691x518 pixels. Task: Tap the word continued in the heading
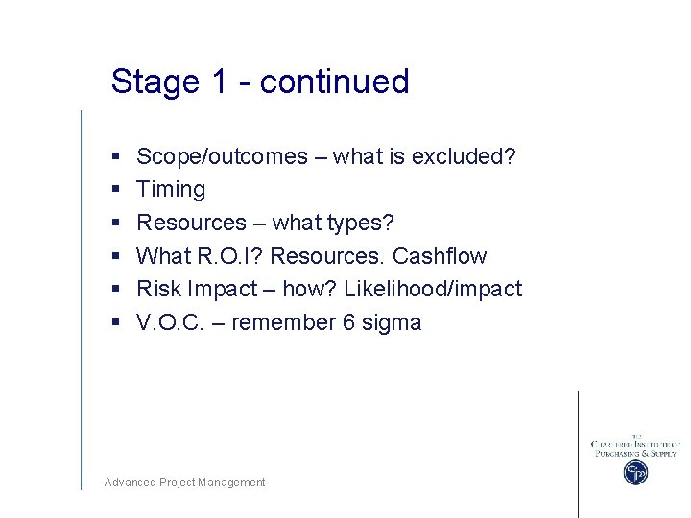click(335, 82)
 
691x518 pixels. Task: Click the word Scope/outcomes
click(222, 156)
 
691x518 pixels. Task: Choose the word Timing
click(171, 190)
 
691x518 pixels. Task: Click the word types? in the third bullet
click(360, 223)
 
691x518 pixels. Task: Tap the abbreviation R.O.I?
click(229, 256)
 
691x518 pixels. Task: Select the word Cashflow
click(440, 256)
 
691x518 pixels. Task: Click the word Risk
click(159, 289)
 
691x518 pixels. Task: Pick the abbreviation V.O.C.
click(169, 322)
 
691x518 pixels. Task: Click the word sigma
click(392, 322)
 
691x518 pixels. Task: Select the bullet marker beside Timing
click(115, 190)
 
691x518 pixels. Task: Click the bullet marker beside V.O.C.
click(115, 323)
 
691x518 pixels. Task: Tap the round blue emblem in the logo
click(635, 473)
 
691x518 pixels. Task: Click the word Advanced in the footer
click(130, 483)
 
